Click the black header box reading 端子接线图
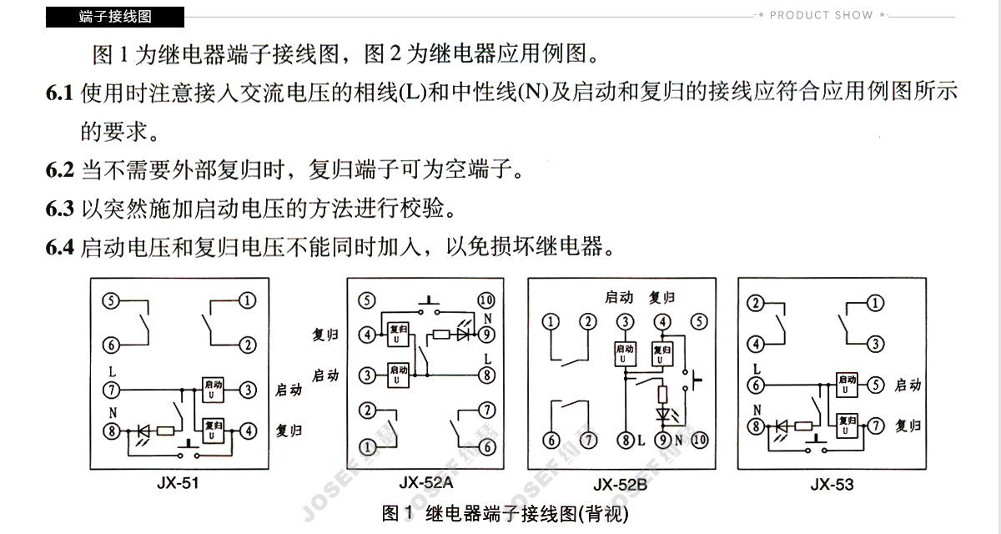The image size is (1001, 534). coord(115,17)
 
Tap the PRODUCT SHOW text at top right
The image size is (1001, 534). coord(821,15)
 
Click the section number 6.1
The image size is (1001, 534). coord(59,93)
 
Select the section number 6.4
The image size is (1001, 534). coord(59,247)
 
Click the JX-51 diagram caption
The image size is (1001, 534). coord(178,483)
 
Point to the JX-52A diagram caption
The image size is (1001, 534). coord(426,482)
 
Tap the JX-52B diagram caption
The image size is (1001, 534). coord(621,485)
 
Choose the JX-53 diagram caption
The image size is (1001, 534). coord(832,485)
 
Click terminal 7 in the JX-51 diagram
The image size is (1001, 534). coord(111,390)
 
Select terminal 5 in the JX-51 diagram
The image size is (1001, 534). coord(111,300)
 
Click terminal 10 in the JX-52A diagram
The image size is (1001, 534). coord(486,300)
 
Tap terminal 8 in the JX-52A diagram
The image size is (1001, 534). coord(486,375)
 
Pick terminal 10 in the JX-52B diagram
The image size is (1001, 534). coord(699,441)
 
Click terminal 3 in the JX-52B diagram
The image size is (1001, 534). coord(625,322)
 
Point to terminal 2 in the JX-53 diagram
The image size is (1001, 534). coord(756,304)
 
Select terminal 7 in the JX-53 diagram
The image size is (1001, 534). coord(875,426)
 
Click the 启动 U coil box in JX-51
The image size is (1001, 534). coord(213,390)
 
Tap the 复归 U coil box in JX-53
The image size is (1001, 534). coord(847,426)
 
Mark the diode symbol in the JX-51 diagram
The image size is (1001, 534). coord(143,431)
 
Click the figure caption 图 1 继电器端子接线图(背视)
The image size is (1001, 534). coord(505,514)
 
